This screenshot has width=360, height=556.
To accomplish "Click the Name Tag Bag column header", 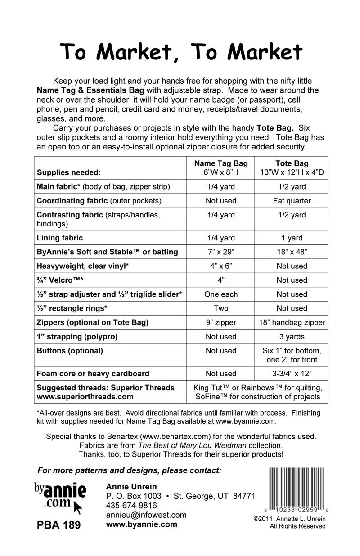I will (221, 167).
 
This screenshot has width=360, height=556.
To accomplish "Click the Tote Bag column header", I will (292, 167).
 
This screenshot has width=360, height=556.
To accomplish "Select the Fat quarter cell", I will (292, 201).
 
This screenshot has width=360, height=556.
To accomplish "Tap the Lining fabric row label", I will (60, 238).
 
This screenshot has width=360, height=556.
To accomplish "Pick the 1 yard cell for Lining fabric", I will (292, 238).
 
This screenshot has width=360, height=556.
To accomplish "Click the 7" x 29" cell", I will (221, 252).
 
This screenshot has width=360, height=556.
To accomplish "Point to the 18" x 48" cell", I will (292, 252).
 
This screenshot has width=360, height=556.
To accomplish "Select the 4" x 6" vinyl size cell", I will (221, 266).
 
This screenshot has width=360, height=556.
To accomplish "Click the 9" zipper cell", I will (221, 322).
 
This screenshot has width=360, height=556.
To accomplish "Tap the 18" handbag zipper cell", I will (292, 322).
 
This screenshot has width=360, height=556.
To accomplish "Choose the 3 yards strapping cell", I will (292, 337).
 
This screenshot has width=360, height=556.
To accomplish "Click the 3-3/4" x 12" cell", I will (292, 374).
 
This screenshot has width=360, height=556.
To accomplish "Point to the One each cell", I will (221, 294).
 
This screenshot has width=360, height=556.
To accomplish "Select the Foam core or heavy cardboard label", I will (93, 374).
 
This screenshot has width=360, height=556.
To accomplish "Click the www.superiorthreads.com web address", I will (85, 397).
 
